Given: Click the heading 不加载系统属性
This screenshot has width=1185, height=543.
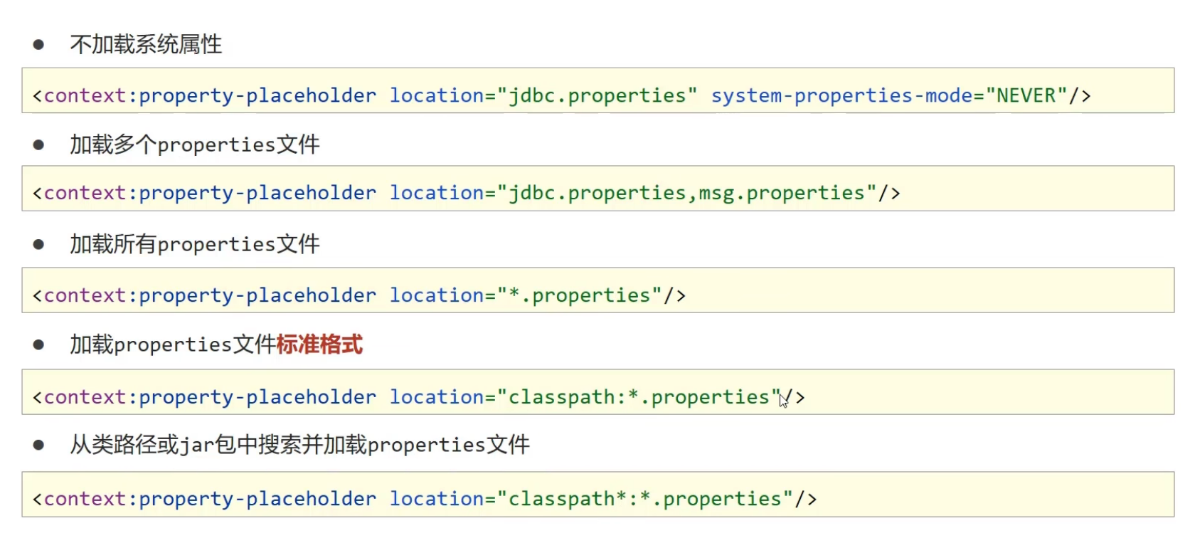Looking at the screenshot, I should click(x=146, y=45).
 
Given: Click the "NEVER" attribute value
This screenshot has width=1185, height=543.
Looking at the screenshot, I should click(x=1026, y=95).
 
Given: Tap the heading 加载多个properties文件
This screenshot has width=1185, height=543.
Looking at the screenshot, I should click(x=194, y=145).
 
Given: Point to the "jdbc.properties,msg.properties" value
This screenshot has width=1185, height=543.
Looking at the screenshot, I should click(x=686, y=193).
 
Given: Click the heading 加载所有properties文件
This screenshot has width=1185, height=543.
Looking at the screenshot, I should click(x=194, y=245).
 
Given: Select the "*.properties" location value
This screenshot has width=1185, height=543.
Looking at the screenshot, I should click(x=580, y=295).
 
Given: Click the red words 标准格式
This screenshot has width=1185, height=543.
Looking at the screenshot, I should click(x=319, y=345).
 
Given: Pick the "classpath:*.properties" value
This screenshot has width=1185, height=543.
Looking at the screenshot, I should click(x=639, y=397).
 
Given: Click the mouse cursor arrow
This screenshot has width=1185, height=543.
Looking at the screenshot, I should click(x=783, y=401).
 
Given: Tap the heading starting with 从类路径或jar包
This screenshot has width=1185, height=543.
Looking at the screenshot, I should click(x=299, y=446).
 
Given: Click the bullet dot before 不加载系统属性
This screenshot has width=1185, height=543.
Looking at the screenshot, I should click(x=38, y=45).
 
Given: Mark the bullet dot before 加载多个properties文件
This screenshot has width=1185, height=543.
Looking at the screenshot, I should click(x=38, y=145).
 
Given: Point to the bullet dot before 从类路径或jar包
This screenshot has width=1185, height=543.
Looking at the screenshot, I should click(x=38, y=446).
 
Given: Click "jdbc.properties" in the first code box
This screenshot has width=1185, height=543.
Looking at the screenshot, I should click(x=597, y=95).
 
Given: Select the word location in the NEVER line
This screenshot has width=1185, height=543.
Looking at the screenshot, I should click(x=437, y=95).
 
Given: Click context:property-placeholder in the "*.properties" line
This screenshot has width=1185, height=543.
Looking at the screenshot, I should click(x=210, y=295).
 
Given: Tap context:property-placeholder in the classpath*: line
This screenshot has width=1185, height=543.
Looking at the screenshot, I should click(x=210, y=499).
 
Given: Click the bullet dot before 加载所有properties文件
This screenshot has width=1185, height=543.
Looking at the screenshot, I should click(x=38, y=245).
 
